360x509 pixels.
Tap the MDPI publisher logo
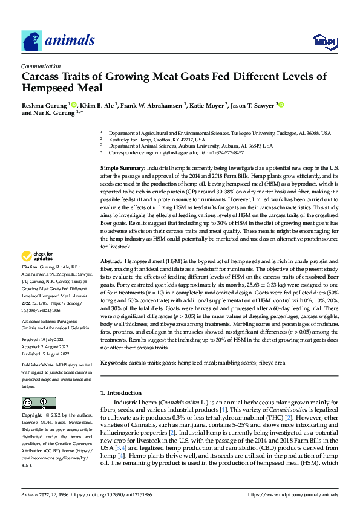[324, 41]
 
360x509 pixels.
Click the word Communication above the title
[41, 66]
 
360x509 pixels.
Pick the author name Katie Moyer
[207, 105]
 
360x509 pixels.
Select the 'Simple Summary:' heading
[122, 167]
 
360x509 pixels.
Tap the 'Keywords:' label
[114, 363]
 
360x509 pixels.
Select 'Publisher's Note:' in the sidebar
[38, 366]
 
